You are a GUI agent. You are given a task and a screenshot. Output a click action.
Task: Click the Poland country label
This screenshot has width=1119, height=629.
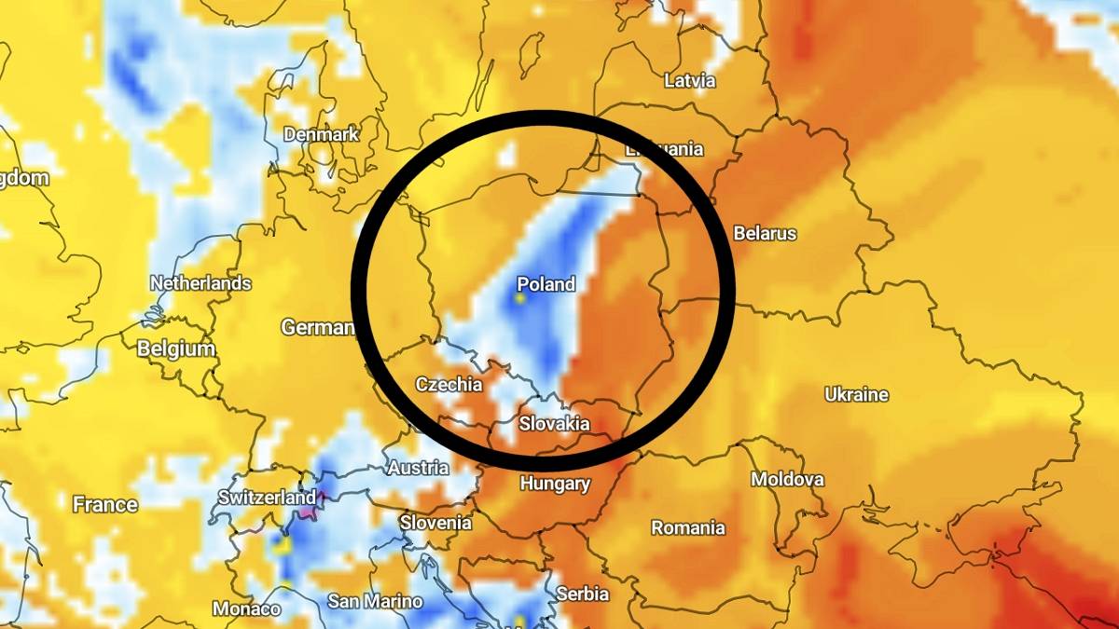point(546,284)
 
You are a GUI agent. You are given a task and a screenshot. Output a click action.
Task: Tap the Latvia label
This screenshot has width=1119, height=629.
point(690,81)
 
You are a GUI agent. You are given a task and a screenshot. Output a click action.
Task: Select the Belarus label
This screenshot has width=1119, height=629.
point(766,233)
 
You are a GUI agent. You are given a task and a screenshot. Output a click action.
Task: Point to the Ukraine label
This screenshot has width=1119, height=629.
point(856,395)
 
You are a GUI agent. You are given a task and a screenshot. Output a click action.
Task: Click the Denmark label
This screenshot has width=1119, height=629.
point(322,134)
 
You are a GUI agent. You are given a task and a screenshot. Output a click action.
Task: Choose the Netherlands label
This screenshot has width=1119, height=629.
point(200,283)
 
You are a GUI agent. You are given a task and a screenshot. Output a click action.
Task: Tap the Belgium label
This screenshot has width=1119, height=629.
point(176,349)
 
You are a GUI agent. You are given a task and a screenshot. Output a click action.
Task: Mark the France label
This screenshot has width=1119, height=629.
point(105,505)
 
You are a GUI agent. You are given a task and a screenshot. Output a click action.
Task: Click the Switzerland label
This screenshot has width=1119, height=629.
point(268,499)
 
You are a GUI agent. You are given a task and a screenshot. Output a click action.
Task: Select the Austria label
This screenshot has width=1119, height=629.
point(418,468)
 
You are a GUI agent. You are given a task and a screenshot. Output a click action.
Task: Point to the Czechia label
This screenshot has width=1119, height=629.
point(449,384)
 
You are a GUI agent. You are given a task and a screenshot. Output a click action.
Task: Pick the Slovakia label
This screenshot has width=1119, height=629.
point(555,424)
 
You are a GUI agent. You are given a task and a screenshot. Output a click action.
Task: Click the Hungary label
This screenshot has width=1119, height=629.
point(555,484)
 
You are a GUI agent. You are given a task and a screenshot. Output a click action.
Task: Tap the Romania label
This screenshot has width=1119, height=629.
point(688,528)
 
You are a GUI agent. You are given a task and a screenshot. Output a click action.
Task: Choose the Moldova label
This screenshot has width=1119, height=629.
point(788,480)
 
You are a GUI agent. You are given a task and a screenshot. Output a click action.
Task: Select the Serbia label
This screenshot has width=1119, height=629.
point(582,594)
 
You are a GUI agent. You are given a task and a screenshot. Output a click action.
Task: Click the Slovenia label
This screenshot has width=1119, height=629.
point(436,523)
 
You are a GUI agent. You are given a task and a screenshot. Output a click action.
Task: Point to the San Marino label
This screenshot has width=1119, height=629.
point(375,601)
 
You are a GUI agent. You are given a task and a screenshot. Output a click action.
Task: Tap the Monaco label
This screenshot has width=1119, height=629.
point(247,609)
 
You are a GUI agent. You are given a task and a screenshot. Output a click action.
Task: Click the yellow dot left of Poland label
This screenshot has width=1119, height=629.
point(520,299)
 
